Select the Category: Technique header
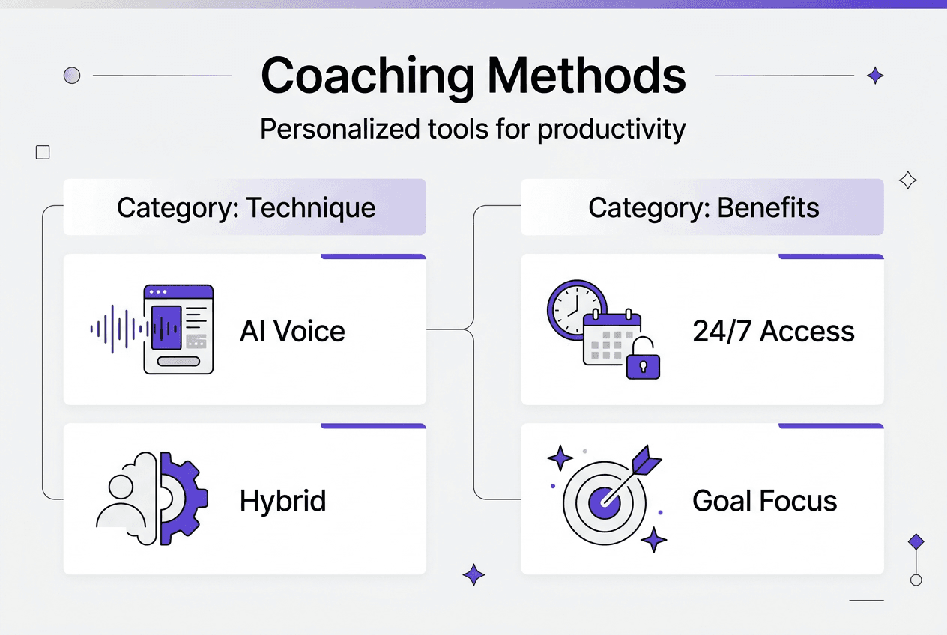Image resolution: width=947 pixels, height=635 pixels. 246,207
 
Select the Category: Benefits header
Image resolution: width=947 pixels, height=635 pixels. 704,207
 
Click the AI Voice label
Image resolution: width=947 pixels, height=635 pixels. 292,331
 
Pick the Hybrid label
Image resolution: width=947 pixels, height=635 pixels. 282,500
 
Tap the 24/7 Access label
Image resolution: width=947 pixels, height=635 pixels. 773,331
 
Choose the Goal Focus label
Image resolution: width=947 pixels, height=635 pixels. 764,500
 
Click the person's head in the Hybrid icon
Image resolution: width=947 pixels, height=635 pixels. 120,487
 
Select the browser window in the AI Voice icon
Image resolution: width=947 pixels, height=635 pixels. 178,329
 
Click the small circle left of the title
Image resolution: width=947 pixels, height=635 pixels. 72,75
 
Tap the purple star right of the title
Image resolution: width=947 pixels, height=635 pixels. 874,75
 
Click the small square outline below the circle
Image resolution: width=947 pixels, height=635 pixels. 43,153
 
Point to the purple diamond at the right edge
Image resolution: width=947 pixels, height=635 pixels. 915,541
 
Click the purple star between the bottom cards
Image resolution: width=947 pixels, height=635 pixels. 473,574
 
